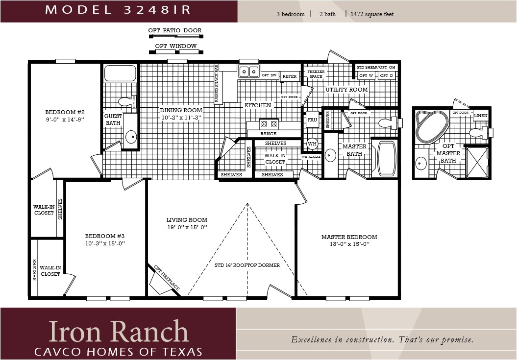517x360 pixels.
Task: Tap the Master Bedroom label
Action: point(349,237)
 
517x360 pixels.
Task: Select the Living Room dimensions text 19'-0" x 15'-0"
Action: point(187,227)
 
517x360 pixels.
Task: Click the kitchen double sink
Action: point(249,72)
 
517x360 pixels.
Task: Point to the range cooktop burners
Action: point(269,124)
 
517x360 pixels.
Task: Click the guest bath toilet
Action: point(126,102)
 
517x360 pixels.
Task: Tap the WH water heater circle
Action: point(312,144)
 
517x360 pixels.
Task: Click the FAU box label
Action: point(312,120)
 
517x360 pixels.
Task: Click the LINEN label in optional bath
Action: point(481,115)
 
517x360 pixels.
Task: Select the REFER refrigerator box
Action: point(290,76)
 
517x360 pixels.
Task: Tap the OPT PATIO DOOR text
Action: point(175,30)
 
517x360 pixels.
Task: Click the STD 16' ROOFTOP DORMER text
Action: point(247,265)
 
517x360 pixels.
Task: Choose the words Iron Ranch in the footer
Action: point(118,332)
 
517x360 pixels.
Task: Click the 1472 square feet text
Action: point(372,14)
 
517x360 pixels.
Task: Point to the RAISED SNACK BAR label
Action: point(217,84)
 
